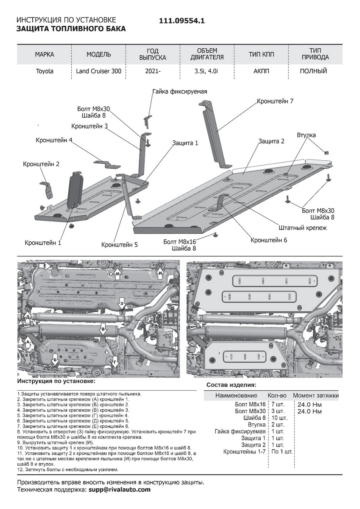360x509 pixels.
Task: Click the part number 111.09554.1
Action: [182, 21]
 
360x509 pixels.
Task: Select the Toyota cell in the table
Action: [45, 71]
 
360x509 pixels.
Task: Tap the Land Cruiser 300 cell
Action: [99, 71]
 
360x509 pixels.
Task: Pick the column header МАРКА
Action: [45, 55]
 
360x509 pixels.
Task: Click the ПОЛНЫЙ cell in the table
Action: [313, 71]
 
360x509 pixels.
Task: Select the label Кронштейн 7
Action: [275, 101]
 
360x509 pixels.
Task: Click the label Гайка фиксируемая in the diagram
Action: [180, 92]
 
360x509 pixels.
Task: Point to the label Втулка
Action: [306, 135]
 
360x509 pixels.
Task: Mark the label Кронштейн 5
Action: [120, 245]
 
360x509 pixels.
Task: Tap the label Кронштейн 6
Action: [269, 240]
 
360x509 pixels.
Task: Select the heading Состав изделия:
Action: [231, 385]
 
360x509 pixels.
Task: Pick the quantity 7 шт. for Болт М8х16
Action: [278, 404]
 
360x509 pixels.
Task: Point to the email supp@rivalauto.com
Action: [120, 489]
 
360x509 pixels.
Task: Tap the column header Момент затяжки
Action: [316, 395]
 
